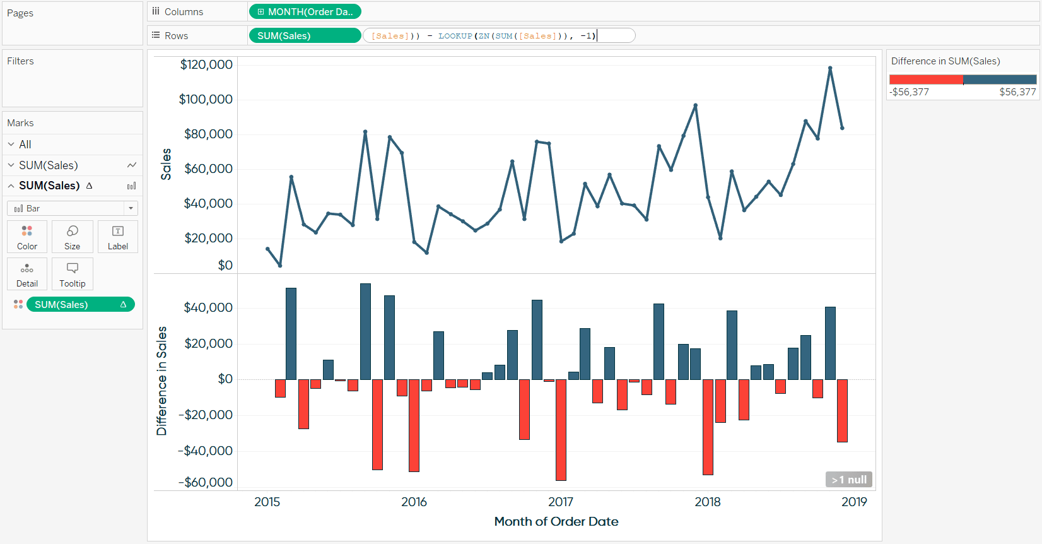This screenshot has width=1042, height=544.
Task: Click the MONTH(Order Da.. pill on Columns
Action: [305, 11]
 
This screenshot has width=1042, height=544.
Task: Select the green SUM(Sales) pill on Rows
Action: [305, 35]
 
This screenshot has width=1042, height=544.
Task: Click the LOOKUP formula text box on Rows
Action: [498, 35]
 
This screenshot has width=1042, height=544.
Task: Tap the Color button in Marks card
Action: [27, 237]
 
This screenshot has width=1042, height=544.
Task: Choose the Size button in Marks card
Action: [73, 237]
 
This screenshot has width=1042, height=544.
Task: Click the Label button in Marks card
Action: [118, 237]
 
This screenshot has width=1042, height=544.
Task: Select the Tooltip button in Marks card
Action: [73, 274]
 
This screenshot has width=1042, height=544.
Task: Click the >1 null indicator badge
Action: [848, 480]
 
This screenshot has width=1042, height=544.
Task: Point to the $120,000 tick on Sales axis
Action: [206, 64]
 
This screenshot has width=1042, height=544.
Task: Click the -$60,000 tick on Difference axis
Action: [206, 482]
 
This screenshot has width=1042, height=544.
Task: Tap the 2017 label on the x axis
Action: [561, 502]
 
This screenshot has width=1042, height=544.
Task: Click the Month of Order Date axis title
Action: [556, 521]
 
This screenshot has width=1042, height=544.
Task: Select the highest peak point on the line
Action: [830, 68]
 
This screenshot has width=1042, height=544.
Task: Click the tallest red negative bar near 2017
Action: [561, 429]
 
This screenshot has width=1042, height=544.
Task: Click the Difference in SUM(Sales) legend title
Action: [945, 61]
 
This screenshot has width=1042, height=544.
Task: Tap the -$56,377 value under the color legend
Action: [909, 92]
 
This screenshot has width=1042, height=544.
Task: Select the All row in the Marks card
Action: [25, 145]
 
